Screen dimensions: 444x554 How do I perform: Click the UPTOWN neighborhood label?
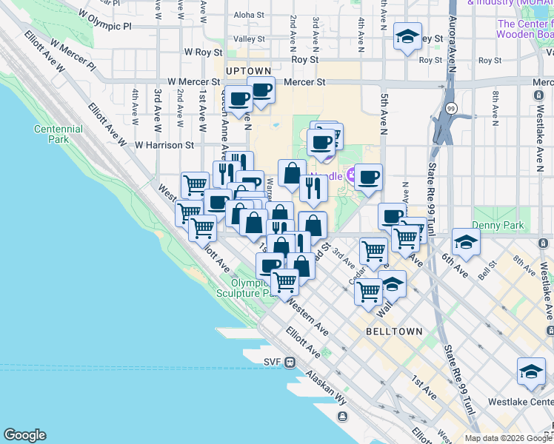coord(249,71)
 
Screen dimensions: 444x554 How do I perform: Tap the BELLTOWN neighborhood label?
coord(394,332)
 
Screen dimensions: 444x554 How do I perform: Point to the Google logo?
coord(24,435)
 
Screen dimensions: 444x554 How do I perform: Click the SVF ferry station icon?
coord(290,362)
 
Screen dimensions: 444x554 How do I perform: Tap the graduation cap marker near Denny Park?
coord(466,242)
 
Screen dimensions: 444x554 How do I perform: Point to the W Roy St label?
coord(204,53)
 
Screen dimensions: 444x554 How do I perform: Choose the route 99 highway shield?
coord(451,108)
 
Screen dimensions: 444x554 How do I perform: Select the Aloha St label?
coord(249,14)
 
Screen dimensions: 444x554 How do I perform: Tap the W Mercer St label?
coord(194,82)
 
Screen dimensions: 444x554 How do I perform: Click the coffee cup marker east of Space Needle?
coord(368,177)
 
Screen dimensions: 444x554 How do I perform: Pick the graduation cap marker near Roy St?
coord(407,36)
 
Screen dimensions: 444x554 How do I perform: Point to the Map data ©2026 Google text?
coord(507,438)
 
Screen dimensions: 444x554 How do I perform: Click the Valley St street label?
coord(249,38)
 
